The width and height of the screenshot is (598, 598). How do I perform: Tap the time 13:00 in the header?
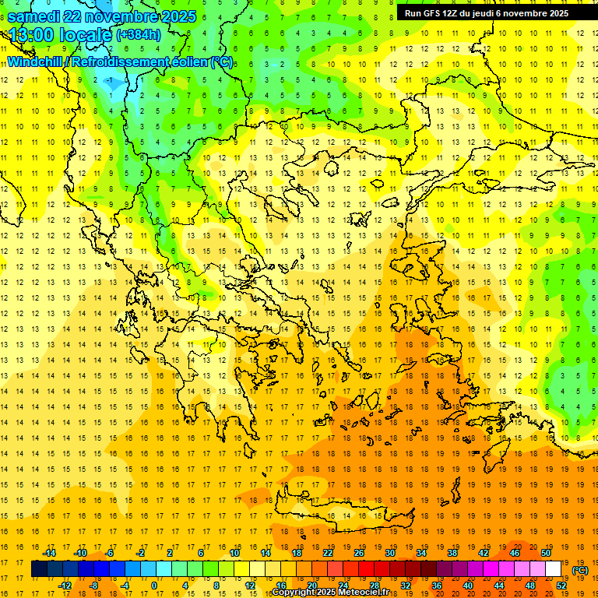click(x=32, y=35)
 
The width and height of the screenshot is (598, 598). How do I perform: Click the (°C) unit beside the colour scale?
click(x=580, y=570)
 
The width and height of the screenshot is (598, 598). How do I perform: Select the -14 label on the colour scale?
click(x=50, y=553)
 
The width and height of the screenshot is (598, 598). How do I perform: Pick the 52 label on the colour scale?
click(x=561, y=586)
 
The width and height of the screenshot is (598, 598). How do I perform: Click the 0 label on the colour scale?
click(x=154, y=586)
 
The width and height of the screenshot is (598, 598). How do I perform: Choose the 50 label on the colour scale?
click(x=547, y=553)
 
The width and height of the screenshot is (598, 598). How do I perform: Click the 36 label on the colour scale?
click(x=437, y=586)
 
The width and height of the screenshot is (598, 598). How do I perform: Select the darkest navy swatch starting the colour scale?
click(x=39, y=569)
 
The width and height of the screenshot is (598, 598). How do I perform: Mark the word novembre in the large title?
click(x=118, y=16)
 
